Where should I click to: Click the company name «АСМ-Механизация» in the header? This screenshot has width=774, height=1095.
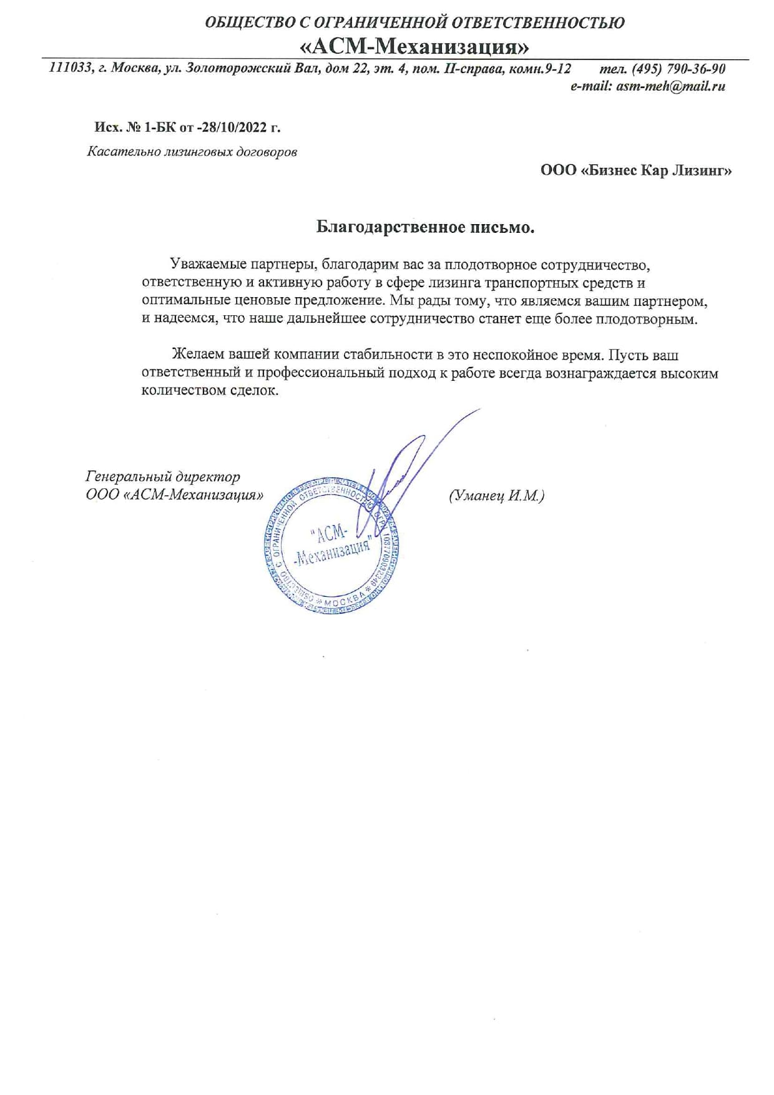point(414,46)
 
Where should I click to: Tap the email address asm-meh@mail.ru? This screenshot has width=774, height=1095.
point(670,87)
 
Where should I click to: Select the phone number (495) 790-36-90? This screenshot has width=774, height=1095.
point(678,68)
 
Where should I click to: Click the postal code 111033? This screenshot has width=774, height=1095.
point(69,68)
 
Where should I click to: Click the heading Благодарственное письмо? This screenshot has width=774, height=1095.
point(425,227)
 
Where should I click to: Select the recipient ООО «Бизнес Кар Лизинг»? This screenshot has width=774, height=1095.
point(636,170)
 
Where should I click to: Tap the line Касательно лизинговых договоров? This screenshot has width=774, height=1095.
point(192,152)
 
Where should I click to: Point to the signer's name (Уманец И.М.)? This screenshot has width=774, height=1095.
point(496,496)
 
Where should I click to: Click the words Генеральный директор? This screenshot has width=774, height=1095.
point(162,477)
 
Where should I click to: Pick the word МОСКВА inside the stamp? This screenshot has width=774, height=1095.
point(345,601)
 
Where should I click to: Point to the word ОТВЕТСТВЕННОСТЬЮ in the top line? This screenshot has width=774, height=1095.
point(537,23)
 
